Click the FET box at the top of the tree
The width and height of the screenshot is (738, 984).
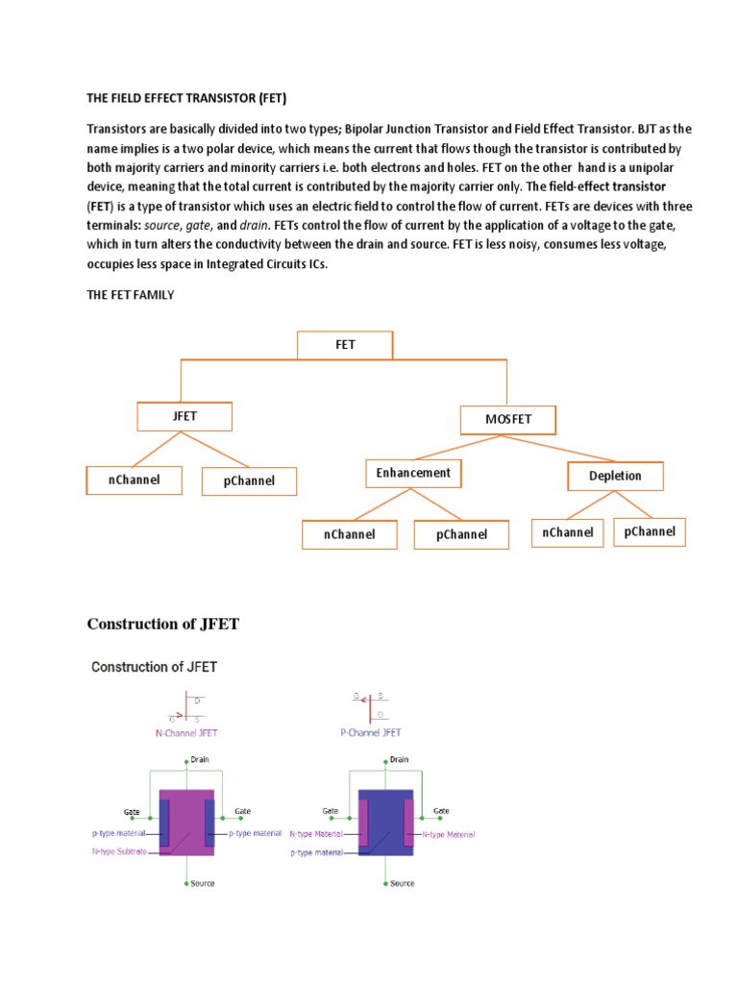point(345,345)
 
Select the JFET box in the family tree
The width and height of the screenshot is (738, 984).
point(185,417)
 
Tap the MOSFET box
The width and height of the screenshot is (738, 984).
point(509,420)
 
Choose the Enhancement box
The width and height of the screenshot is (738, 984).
point(413,473)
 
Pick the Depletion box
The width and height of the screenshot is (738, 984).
point(615,476)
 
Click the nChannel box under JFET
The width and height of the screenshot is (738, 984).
point(134,480)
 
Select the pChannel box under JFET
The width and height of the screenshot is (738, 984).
point(249,480)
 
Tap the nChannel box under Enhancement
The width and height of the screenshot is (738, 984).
point(349,534)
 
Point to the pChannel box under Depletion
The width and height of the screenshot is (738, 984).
point(650,531)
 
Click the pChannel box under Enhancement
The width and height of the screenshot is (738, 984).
point(461,534)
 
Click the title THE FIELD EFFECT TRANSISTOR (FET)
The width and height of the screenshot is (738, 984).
point(187,99)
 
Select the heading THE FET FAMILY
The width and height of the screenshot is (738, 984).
point(131,295)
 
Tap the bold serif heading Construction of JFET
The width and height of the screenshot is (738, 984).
point(163,625)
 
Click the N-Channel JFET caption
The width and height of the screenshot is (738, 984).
point(186,732)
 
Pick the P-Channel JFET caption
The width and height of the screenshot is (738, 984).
point(370,732)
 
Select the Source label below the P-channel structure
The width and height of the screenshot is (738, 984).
point(403,883)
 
